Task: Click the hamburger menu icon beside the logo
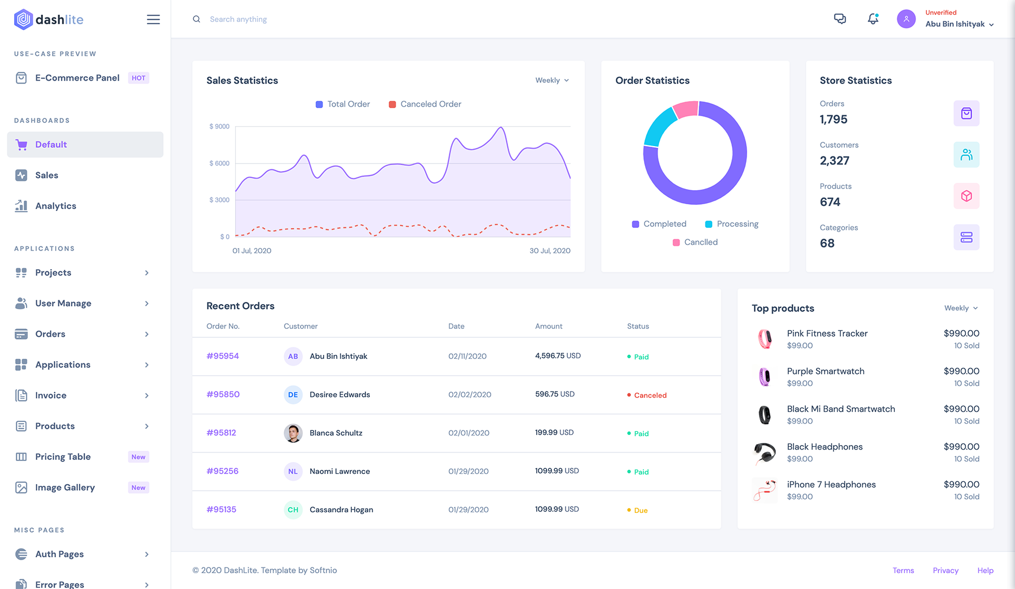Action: pyautogui.click(x=153, y=20)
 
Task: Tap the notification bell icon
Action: pyautogui.click(x=873, y=19)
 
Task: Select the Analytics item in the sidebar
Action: pyautogui.click(x=55, y=206)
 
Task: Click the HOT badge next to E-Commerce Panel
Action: pyautogui.click(x=139, y=78)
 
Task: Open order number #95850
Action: pyautogui.click(x=223, y=394)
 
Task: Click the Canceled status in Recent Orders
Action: pyautogui.click(x=650, y=395)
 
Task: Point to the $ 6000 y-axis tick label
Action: pyautogui.click(x=219, y=164)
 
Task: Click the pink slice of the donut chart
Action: pyautogui.click(x=686, y=109)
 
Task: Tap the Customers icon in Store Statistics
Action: pyautogui.click(x=967, y=155)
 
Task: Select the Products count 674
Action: pyautogui.click(x=830, y=202)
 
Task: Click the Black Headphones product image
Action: pyautogui.click(x=765, y=452)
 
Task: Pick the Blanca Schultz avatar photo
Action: pyautogui.click(x=293, y=433)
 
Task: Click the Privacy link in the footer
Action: pyautogui.click(x=946, y=570)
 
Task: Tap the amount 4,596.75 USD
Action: pyautogui.click(x=558, y=356)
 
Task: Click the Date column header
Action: pyautogui.click(x=456, y=326)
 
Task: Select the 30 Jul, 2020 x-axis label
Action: pyautogui.click(x=550, y=250)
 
